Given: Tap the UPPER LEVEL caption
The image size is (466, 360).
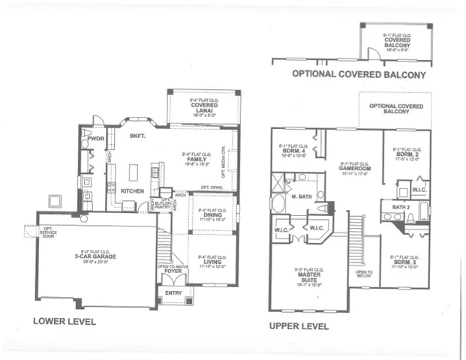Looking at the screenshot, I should pyautogui.click(x=299, y=326).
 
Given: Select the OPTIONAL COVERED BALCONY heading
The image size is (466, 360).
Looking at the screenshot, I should pyautogui.click(x=359, y=75).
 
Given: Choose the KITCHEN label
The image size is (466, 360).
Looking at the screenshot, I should pyautogui.click(x=133, y=190).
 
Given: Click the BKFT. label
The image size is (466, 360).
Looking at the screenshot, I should pyautogui.click(x=136, y=136).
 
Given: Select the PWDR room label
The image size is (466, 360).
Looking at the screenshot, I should pyautogui.click(x=95, y=139).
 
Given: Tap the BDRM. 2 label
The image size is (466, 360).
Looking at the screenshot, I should pyautogui.click(x=405, y=154).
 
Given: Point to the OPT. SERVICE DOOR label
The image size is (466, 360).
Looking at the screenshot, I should pyautogui.click(x=48, y=233).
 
